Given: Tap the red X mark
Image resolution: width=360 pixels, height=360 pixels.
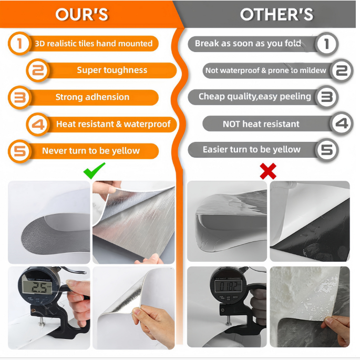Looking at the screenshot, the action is (x=268, y=171).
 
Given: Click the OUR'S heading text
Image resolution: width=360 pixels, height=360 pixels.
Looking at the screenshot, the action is (x=82, y=14).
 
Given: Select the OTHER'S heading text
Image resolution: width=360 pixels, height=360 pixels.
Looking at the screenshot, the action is (x=276, y=14).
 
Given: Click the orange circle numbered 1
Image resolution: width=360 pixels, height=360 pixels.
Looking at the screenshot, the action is (x=19, y=44).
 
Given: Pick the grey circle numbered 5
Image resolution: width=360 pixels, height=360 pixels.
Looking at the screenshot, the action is (x=327, y=150).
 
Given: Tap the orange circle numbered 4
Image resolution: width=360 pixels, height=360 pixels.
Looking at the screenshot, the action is (x=38, y=124).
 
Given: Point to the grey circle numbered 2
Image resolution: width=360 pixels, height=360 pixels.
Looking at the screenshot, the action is (x=342, y=70).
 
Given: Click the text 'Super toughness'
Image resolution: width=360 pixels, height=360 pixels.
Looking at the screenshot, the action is (x=112, y=70).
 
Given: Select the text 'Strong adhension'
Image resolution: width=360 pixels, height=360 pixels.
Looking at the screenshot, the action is (x=92, y=97).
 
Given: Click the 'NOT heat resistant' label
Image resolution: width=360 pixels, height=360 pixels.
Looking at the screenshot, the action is (x=261, y=124).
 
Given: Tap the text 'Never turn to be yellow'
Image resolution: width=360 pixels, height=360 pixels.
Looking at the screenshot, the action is (x=91, y=151).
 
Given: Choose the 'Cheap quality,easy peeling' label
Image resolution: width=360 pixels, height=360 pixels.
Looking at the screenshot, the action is (x=254, y=97).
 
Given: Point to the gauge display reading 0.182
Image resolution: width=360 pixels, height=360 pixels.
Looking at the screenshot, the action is (x=228, y=286).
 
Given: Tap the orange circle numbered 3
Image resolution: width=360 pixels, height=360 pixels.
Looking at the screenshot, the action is (x=19, y=97).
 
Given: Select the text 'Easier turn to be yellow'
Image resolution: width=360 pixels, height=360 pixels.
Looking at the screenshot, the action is (x=252, y=150).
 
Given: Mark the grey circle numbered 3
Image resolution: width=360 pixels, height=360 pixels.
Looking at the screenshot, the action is (x=327, y=97).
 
